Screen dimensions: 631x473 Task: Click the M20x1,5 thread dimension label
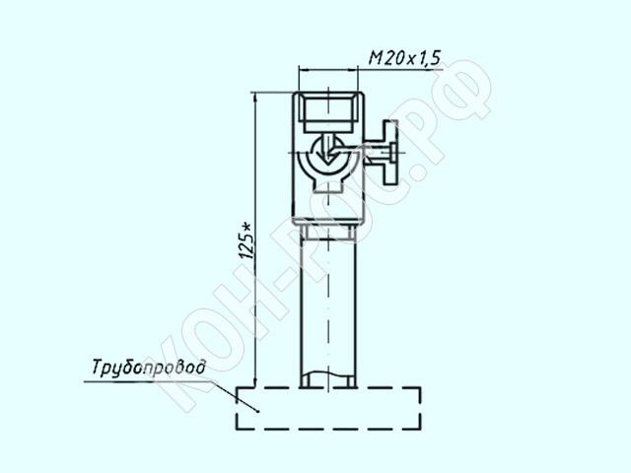[404, 58]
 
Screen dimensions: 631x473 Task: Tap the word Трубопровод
[149, 368]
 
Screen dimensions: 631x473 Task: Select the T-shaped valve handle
[389, 152]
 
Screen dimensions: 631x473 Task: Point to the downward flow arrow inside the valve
[328, 150]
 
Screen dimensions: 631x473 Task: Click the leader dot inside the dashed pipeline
[257, 411]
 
